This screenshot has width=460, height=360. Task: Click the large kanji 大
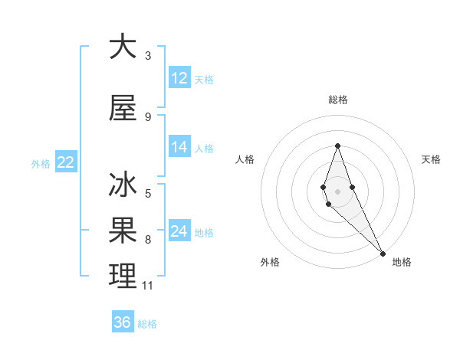point(123,47)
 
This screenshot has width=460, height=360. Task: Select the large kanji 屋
point(123,108)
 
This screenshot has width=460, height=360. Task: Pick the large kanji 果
point(123,231)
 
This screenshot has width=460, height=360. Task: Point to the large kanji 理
point(123,277)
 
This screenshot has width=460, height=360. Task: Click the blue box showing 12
point(179,78)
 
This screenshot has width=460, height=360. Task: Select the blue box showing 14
point(179,148)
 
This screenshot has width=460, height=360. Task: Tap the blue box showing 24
point(179,231)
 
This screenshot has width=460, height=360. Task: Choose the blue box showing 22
point(65,162)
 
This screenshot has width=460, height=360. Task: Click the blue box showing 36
point(123,322)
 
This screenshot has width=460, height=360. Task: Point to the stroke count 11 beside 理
point(148,286)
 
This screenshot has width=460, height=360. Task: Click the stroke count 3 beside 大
point(148,55)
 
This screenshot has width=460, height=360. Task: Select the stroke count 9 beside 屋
point(148,116)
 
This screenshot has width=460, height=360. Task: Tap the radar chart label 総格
point(337,100)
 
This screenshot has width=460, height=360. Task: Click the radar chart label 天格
point(432,159)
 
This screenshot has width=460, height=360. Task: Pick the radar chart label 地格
point(402,262)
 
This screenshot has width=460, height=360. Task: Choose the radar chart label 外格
point(270,262)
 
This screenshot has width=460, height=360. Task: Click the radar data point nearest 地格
point(383,253)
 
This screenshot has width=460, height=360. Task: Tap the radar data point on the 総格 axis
point(337,146)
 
